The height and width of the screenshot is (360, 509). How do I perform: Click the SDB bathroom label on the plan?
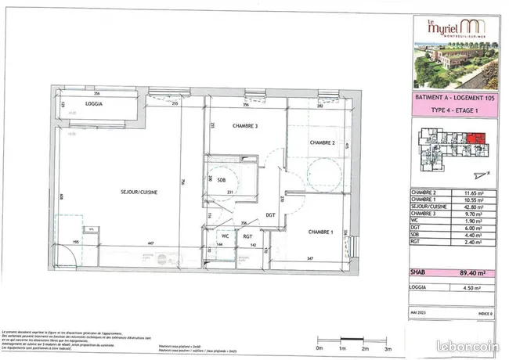(x=211, y=180)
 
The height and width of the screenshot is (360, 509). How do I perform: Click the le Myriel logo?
(x=446, y=27)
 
